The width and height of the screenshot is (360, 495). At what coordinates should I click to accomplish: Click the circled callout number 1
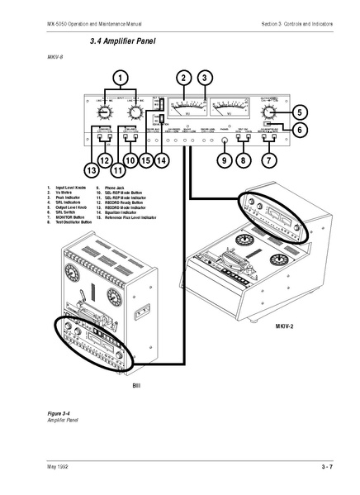tap(121, 79)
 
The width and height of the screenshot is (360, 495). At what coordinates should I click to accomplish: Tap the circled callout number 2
tap(182, 79)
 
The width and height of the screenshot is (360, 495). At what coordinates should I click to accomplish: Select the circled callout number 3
tap(205, 79)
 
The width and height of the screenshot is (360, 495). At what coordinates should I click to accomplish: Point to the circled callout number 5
tap(300, 112)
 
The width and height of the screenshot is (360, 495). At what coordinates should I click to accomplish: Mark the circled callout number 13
tap(88, 170)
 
